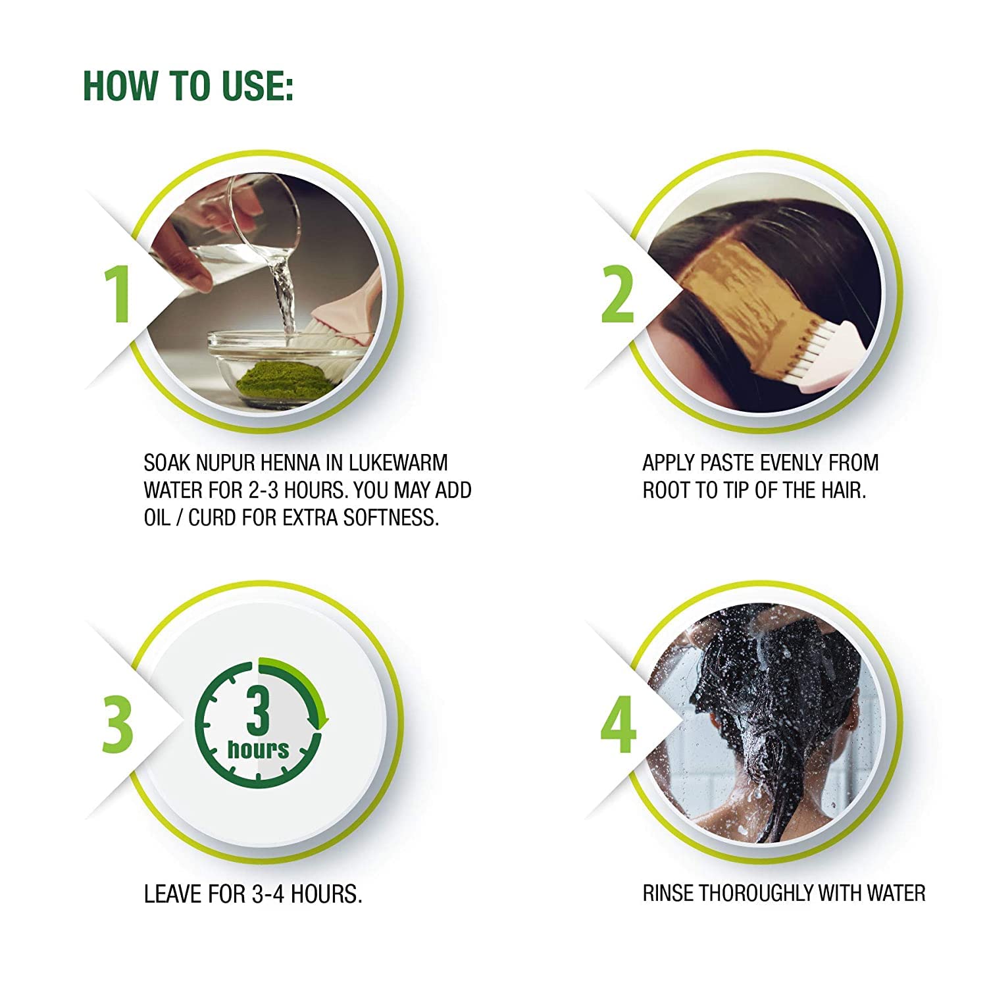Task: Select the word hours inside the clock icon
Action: pyautogui.click(x=258, y=749)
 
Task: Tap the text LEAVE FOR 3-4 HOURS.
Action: pyautogui.click(x=253, y=894)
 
